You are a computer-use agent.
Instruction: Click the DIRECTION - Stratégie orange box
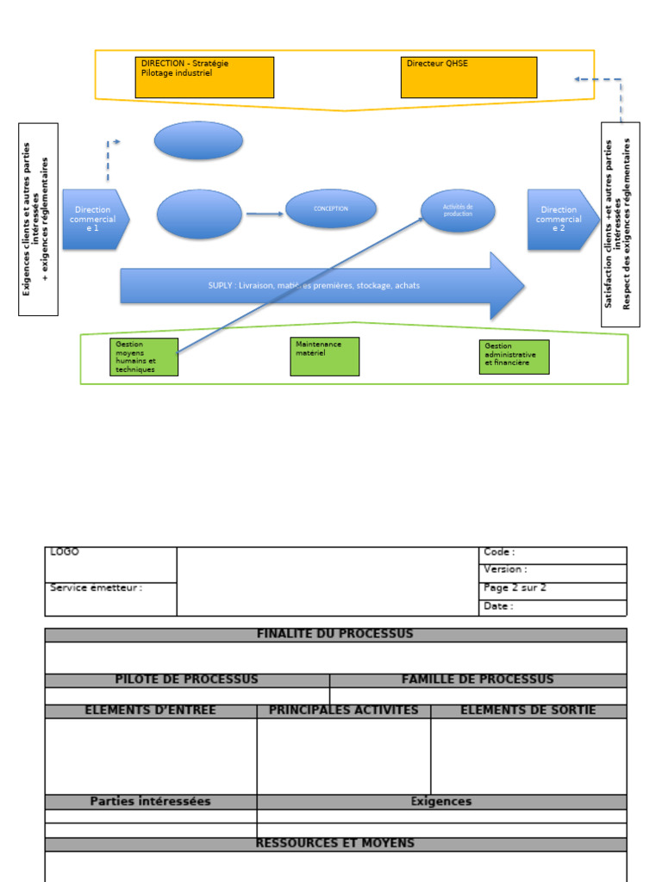click(x=204, y=78)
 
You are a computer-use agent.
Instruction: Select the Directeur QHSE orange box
click(x=469, y=78)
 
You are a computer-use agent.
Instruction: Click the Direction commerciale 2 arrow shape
click(x=561, y=220)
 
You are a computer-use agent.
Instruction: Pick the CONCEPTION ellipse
click(x=331, y=208)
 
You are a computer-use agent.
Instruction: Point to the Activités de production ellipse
click(x=458, y=211)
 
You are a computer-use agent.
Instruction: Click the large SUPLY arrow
click(x=319, y=285)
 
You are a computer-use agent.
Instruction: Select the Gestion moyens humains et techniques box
click(x=144, y=357)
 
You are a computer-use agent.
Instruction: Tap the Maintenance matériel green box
click(x=325, y=357)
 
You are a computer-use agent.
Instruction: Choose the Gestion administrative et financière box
click(x=515, y=357)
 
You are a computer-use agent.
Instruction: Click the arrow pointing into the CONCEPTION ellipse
click(x=265, y=214)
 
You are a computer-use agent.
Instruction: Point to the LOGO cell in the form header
click(x=110, y=564)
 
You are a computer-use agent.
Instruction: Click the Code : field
click(x=553, y=555)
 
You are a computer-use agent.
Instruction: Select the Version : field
click(x=553, y=573)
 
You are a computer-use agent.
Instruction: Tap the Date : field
click(x=553, y=607)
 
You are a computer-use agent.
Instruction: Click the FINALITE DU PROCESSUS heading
click(x=335, y=635)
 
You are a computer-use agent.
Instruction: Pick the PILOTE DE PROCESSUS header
click(x=187, y=680)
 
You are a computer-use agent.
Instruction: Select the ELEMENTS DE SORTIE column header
click(x=528, y=711)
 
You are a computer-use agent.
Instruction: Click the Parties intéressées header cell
click(x=151, y=802)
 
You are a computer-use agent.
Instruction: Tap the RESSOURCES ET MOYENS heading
click(x=335, y=844)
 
